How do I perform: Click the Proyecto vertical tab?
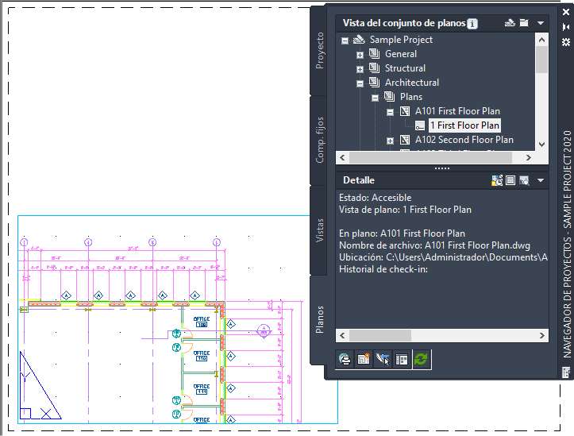point(320,50)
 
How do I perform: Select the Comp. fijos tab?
point(320,141)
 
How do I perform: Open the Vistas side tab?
point(320,228)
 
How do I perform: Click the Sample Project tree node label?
point(401,40)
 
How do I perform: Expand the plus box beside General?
point(360,55)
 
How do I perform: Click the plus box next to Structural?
point(360,69)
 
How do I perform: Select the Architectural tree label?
point(411,83)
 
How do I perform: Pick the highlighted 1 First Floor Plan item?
point(464,125)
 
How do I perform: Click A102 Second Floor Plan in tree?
point(464,140)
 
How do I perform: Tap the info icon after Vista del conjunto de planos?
point(472,24)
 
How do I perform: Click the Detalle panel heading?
point(359,180)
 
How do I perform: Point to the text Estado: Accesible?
point(375,198)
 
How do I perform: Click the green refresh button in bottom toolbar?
point(421,359)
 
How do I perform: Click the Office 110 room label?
point(201,356)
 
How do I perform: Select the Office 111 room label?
point(201,389)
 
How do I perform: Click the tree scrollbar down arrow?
point(541,144)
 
